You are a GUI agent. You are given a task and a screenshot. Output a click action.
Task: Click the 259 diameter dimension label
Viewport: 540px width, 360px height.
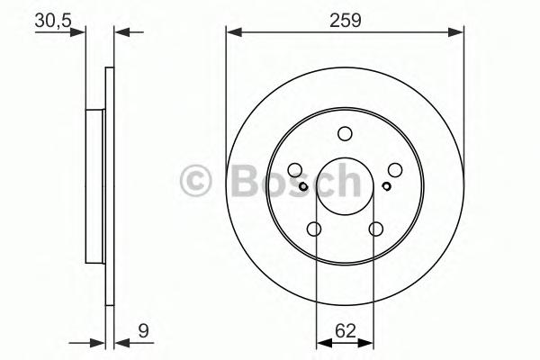[x=345, y=20]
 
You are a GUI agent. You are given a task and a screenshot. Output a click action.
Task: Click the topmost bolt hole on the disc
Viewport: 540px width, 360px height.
[x=345, y=133]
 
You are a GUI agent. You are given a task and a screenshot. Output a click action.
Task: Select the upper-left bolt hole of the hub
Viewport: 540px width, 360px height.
[x=295, y=169]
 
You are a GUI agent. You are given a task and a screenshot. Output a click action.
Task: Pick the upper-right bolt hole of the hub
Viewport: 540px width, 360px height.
[x=395, y=169]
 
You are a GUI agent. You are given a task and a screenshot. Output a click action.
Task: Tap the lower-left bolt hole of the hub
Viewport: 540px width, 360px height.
[x=314, y=229]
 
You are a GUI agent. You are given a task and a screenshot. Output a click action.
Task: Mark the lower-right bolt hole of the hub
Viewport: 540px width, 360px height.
[x=376, y=229]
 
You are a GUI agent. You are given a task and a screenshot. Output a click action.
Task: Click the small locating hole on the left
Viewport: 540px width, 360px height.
[x=304, y=187]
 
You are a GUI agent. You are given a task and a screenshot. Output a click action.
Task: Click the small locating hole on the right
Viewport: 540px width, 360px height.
[x=386, y=187]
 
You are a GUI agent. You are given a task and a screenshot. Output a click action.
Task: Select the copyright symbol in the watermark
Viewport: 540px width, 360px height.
[x=195, y=182]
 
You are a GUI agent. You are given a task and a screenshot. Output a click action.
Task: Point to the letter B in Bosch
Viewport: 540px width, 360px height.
[x=237, y=182]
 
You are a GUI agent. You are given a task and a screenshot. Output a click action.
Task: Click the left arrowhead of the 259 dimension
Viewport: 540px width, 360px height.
[x=230, y=32]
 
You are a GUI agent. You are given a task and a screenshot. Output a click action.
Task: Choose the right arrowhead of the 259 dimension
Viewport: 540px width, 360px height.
[x=460, y=32]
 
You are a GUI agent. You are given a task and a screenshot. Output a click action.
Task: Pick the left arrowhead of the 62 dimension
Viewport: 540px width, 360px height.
[x=321, y=341]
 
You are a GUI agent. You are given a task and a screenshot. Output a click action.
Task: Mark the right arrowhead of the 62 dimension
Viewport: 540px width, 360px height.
[x=369, y=341]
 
